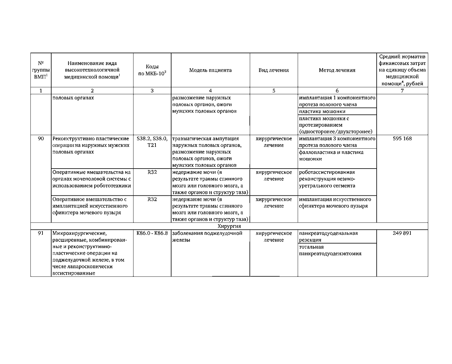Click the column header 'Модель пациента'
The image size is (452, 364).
pyautogui.click(x=210, y=70)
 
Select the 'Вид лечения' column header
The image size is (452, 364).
pyautogui.click(x=274, y=70)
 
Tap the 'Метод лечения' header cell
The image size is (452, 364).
pyautogui.click(x=337, y=70)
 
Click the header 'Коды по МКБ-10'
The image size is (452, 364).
pyautogui.click(x=152, y=70)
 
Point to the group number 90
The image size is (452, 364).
pyautogui.click(x=41, y=139)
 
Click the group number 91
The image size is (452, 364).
pyautogui.click(x=41, y=233)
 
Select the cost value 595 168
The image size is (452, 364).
pyautogui.click(x=402, y=139)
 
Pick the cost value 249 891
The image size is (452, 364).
pyautogui.click(x=402, y=233)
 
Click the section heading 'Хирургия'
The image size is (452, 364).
pyautogui.click(x=229, y=226)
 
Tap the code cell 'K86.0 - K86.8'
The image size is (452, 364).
pyautogui.click(x=152, y=233)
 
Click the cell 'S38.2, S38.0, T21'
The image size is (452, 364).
pyautogui.click(x=152, y=142)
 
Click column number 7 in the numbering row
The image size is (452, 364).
pyautogui.click(x=402, y=90)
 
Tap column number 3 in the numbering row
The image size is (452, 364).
pyautogui.click(x=152, y=90)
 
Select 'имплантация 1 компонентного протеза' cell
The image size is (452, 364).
pyautogui.click(x=337, y=101)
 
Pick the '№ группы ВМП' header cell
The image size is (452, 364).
pyautogui.click(x=41, y=70)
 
